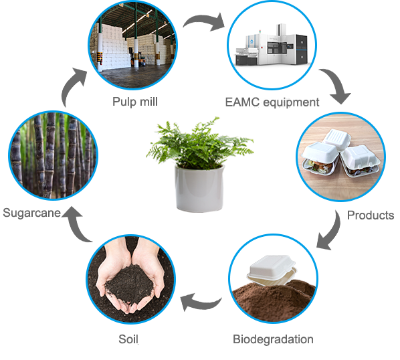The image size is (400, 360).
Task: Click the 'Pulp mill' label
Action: [135, 102]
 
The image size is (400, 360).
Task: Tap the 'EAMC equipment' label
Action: [272, 102]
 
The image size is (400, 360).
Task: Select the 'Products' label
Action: [371, 215]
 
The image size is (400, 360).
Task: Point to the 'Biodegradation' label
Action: [273, 339]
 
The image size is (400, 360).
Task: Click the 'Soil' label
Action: [128, 339]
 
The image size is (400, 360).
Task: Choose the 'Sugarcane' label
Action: [32, 213]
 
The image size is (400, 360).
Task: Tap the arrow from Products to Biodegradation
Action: [332, 231]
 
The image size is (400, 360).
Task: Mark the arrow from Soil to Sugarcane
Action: [76, 225]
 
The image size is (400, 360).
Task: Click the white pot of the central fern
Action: [199, 188]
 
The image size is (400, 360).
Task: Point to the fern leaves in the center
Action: [199, 143]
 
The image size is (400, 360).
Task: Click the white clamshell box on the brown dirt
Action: [272, 270]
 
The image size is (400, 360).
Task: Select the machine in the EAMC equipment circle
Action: [272, 46]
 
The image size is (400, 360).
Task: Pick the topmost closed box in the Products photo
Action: [336, 140]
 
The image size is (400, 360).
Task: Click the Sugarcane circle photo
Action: [54, 156]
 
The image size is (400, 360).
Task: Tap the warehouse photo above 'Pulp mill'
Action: [133, 45]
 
